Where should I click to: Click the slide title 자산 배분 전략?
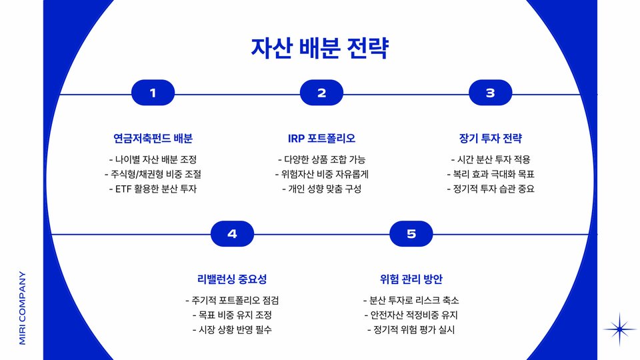[x=319, y=48]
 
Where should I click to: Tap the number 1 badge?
[x=153, y=93]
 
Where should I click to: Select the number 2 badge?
[x=321, y=93]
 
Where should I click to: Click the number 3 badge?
[x=490, y=93]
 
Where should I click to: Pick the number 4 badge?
[x=232, y=233]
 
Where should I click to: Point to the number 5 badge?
[x=411, y=233]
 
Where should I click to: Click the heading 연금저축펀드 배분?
[x=153, y=139]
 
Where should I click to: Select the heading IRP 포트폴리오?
[x=321, y=139]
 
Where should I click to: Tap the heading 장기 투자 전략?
[x=490, y=139]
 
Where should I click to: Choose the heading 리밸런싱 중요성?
[x=232, y=279]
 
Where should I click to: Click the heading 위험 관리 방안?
[x=411, y=279]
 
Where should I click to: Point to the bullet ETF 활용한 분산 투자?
[x=153, y=189]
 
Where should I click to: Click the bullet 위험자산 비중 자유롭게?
[x=321, y=174]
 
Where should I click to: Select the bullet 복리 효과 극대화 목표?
[x=490, y=174]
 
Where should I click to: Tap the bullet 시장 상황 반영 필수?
[x=232, y=329]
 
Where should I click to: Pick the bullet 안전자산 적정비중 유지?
[x=411, y=315]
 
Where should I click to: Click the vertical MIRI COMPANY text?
[x=23, y=307]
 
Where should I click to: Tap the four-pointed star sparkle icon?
[x=620, y=329]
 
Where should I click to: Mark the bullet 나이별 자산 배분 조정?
[x=153, y=159]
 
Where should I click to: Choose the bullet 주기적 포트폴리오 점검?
[x=232, y=300]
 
